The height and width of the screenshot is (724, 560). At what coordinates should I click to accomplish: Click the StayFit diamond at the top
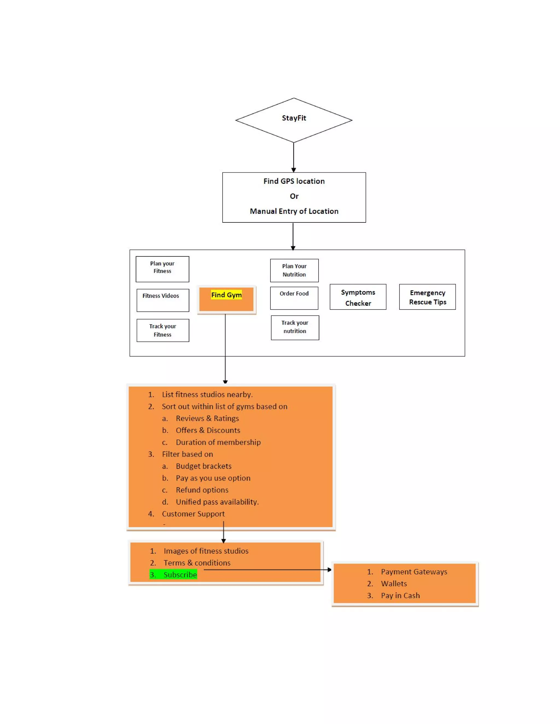click(294, 120)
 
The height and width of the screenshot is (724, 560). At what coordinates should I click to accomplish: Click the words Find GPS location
click(294, 181)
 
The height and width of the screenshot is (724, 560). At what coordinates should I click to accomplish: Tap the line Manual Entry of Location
click(294, 211)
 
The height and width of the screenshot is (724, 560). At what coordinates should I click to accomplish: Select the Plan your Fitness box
click(162, 269)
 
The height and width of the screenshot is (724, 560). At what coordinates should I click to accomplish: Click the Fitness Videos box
click(163, 300)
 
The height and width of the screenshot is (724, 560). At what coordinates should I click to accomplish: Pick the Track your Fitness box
click(163, 330)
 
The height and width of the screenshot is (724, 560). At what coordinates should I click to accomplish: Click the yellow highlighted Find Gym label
click(226, 295)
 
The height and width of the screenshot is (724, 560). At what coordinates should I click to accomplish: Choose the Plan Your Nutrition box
click(294, 270)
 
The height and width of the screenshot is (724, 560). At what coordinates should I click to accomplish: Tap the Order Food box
click(294, 298)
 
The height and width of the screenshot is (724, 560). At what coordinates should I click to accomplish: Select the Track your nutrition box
click(295, 327)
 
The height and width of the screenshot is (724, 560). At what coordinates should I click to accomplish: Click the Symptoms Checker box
click(358, 297)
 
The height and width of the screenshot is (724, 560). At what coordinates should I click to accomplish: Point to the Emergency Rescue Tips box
click(427, 297)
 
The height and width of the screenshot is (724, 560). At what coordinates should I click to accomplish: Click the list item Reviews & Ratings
click(207, 418)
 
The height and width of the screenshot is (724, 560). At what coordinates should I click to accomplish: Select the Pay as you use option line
click(213, 478)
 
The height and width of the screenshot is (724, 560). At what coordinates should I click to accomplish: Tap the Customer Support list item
click(193, 514)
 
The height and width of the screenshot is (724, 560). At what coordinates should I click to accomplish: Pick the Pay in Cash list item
click(400, 595)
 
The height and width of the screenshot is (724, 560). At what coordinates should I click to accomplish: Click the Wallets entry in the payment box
click(394, 584)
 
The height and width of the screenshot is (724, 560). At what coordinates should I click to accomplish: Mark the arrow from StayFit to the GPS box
click(294, 157)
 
